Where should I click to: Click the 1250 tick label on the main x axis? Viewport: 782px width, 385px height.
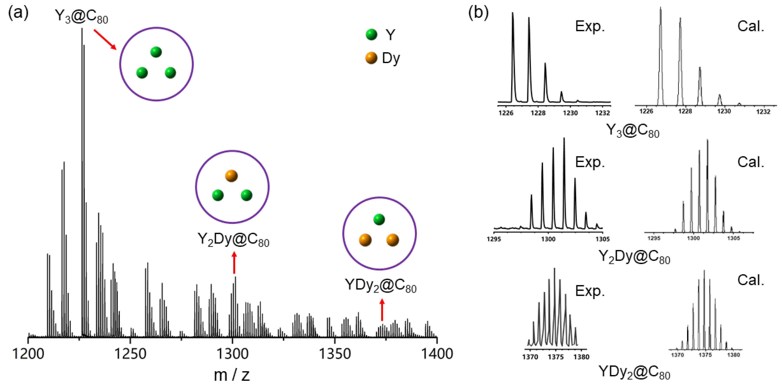point(130,354)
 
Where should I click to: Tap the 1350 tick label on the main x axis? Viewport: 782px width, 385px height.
point(335,354)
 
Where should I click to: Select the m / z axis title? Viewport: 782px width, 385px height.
point(232,375)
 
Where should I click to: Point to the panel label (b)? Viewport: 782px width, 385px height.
point(478,13)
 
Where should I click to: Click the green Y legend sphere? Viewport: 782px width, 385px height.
point(371,35)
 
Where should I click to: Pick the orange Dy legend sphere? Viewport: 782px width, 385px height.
point(371,58)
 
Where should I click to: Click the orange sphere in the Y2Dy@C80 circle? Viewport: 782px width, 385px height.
point(231,176)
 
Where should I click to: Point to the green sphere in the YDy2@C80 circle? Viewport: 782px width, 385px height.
point(379,219)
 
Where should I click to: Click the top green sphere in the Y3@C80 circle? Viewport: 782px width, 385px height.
point(156,52)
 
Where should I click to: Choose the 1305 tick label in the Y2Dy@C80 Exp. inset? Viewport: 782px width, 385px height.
point(602,239)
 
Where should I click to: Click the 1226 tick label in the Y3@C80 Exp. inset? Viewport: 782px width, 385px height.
point(506,113)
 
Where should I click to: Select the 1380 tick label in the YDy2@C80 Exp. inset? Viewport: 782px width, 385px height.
point(581,357)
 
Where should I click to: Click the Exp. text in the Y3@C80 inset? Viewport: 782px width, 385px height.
point(590,27)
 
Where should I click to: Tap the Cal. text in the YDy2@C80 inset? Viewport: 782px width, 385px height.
point(750,280)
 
